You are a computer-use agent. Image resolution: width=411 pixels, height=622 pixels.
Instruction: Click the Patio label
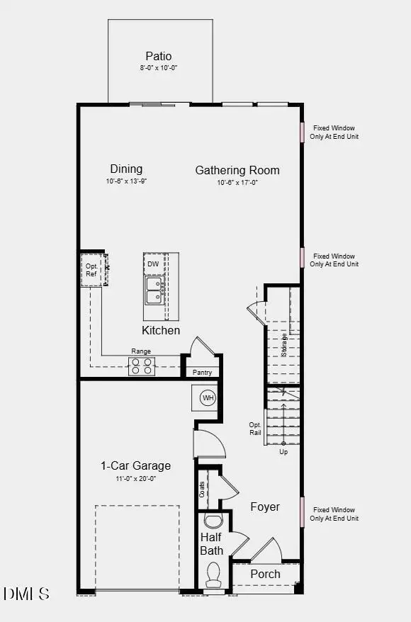click(159, 56)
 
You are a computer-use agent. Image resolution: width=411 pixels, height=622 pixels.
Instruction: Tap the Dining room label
click(126, 169)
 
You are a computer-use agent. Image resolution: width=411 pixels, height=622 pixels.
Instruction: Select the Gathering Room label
click(237, 170)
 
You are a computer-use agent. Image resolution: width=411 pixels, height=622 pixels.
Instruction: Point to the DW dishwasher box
click(154, 264)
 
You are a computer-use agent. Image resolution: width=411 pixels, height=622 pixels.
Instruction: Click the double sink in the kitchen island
click(154, 290)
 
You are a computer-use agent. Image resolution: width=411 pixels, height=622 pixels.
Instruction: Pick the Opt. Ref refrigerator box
click(92, 270)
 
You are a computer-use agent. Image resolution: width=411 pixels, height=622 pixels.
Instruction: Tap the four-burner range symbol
click(141, 366)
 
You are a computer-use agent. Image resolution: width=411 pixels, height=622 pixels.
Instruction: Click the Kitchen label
click(161, 330)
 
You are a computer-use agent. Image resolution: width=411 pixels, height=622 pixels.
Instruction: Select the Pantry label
click(202, 372)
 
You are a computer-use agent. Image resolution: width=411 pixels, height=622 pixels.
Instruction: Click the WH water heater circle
click(208, 397)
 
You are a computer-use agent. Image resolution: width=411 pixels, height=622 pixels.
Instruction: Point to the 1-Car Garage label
click(135, 465)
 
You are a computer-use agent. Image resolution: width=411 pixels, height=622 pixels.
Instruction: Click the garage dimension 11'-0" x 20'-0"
click(135, 478)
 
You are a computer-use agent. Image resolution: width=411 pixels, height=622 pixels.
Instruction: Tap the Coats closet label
click(203, 490)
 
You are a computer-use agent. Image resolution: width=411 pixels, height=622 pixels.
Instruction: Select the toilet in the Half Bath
click(213, 575)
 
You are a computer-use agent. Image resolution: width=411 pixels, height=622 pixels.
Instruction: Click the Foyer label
click(265, 507)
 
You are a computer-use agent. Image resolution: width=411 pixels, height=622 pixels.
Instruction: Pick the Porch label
click(265, 574)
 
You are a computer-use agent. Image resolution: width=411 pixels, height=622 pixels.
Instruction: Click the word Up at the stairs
click(283, 451)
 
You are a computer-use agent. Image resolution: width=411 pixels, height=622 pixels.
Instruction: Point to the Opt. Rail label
click(255, 429)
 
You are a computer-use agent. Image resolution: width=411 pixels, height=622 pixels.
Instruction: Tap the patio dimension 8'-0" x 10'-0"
click(159, 68)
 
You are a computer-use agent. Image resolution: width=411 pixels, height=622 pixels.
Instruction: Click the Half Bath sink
click(213, 522)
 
